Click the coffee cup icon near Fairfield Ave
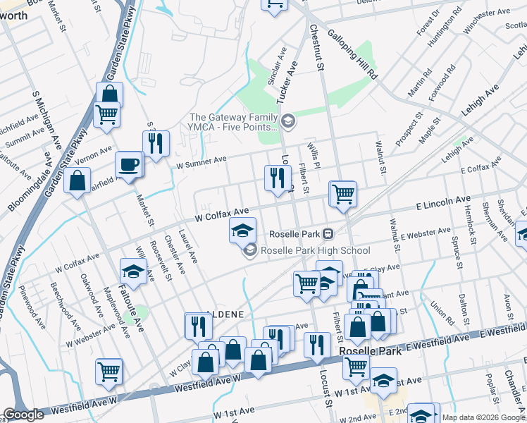point(129,165)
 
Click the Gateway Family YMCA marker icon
point(287,122)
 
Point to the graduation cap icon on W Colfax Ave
point(242,230)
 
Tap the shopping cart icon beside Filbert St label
point(343,193)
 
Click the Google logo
point(23,415)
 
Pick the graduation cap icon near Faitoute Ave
point(133,271)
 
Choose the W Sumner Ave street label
point(201,163)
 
